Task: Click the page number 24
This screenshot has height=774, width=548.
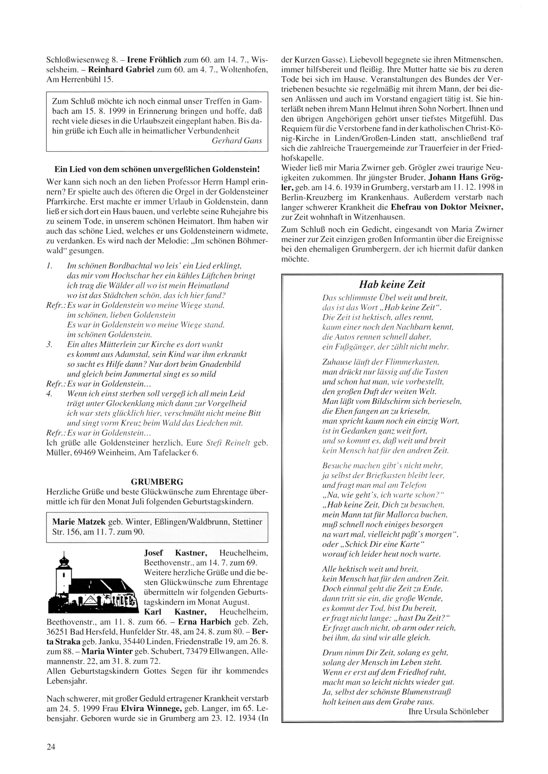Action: [x=50, y=746]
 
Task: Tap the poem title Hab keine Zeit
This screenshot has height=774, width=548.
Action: [x=392, y=284]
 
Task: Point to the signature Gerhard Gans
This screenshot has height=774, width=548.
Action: [x=236, y=141]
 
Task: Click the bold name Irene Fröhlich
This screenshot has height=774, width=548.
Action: [x=155, y=58]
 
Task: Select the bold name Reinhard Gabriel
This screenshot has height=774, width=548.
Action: [x=120, y=69]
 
